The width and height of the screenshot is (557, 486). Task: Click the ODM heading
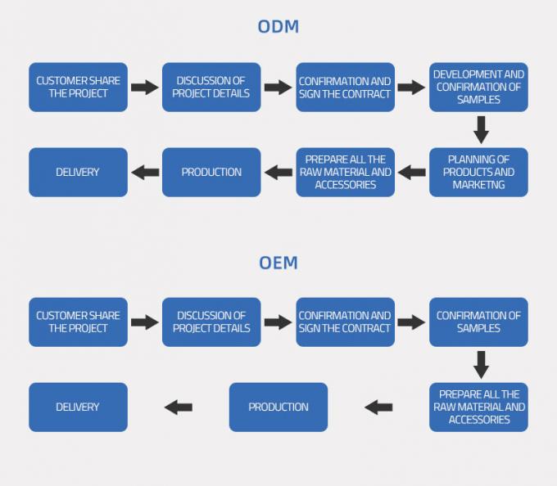(278, 27)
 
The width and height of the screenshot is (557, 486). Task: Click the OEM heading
(278, 263)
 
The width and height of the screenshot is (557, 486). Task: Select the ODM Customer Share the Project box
(78, 88)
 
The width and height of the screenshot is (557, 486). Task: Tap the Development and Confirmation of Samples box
(478, 88)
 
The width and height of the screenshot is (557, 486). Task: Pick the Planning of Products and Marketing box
(478, 172)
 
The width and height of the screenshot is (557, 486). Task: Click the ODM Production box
(211, 172)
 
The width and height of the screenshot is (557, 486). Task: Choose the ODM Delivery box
(78, 172)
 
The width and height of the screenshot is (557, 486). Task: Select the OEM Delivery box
(78, 407)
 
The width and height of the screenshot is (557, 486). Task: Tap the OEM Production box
(278, 407)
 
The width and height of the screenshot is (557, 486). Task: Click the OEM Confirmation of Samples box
(478, 322)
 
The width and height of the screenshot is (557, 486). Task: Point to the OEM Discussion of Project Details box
(211, 322)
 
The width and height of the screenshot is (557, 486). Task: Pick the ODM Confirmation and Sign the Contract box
(345, 88)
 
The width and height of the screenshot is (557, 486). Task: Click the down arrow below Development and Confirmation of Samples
(481, 129)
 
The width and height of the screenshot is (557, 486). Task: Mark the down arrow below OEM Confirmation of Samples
(481, 364)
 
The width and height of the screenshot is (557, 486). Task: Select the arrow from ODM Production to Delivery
(145, 172)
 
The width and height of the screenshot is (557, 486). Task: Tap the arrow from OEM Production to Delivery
(179, 407)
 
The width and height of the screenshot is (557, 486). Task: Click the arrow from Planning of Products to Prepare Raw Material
(412, 172)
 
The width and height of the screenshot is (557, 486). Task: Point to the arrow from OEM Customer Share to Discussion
(145, 322)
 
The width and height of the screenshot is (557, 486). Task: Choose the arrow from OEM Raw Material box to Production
(378, 407)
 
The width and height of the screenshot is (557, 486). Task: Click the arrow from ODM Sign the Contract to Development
(412, 88)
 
